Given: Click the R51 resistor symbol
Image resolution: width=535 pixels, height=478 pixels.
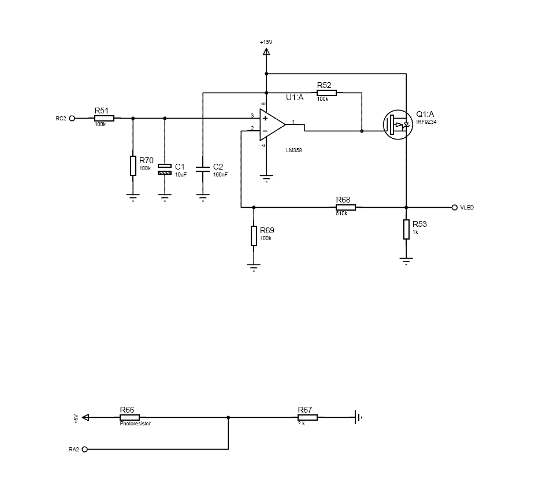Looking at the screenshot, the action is [x=104, y=118].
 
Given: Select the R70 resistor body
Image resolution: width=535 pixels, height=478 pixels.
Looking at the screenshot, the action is [x=133, y=166].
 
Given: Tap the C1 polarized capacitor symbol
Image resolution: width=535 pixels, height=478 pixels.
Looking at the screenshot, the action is [x=165, y=169].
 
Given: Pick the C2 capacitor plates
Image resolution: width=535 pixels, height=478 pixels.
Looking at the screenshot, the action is [x=203, y=169].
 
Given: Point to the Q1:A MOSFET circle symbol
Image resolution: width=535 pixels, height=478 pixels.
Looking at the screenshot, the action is [x=398, y=124].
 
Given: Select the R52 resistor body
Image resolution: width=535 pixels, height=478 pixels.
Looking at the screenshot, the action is [x=326, y=93].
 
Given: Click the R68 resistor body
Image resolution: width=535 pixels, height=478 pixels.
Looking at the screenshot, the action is [x=345, y=207].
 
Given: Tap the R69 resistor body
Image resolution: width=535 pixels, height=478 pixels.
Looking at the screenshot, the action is [x=254, y=236].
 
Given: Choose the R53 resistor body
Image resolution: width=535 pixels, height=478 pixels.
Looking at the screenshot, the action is [x=406, y=229].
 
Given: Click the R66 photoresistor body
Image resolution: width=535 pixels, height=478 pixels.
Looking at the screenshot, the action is [x=129, y=417].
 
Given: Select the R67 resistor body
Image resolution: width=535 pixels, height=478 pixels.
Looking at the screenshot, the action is [x=307, y=417].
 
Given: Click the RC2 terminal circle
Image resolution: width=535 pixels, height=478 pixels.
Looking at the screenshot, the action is [x=72, y=118].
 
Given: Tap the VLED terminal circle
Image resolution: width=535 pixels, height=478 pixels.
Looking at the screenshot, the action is [x=455, y=207].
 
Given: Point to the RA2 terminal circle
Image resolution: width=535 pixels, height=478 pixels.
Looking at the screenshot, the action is [x=85, y=449].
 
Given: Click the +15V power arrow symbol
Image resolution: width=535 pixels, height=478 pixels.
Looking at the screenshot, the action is [x=266, y=52].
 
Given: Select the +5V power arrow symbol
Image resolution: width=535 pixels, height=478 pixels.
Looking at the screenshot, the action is [x=86, y=417].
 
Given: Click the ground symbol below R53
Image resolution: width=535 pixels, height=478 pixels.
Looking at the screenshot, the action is [x=406, y=262].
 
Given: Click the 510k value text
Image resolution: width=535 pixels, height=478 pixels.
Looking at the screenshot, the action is [x=341, y=214].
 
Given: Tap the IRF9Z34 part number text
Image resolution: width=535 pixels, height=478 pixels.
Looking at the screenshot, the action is [x=426, y=122].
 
